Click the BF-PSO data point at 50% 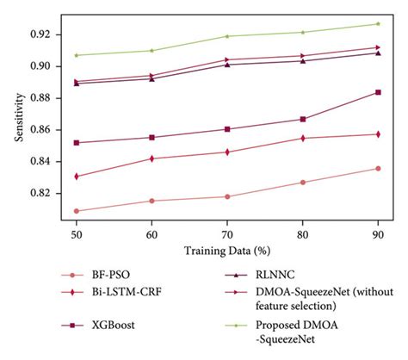coord(77,211)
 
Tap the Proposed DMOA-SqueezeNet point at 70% coord(227,36)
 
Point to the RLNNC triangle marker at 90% coord(378,53)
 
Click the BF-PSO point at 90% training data coord(378,168)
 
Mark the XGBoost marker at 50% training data coord(77,143)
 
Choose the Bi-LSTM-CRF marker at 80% coord(303,138)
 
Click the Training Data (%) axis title coord(227,251)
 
